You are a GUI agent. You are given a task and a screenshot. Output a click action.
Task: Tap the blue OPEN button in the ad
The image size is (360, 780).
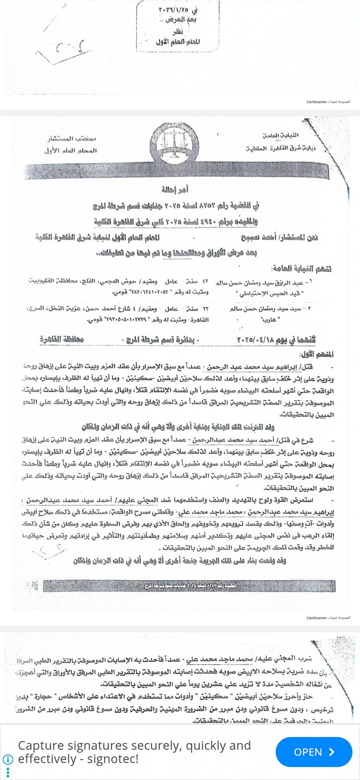pyautogui.click(x=313, y=752)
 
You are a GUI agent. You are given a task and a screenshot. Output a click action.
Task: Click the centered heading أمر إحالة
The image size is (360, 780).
pyautogui.click(x=175, y=189)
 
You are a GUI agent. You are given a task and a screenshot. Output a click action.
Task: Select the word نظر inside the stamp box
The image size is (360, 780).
pyautogui.click(x=178, y=31)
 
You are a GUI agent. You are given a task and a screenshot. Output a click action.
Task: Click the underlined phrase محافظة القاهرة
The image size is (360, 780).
pyautogui.click(x=62, y=339)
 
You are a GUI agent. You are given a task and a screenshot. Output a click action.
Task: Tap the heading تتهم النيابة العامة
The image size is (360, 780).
pyautogui.click(x=302, y=269)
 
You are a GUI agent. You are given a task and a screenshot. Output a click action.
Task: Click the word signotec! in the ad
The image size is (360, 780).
pyautogui.click(x=113, y=759)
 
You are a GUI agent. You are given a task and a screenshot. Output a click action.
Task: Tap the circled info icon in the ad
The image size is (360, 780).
pyautogui.click(x=8, y=759)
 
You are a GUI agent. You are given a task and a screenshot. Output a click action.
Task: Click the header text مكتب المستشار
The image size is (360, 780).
pyautogui.click(x=72, y=139)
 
